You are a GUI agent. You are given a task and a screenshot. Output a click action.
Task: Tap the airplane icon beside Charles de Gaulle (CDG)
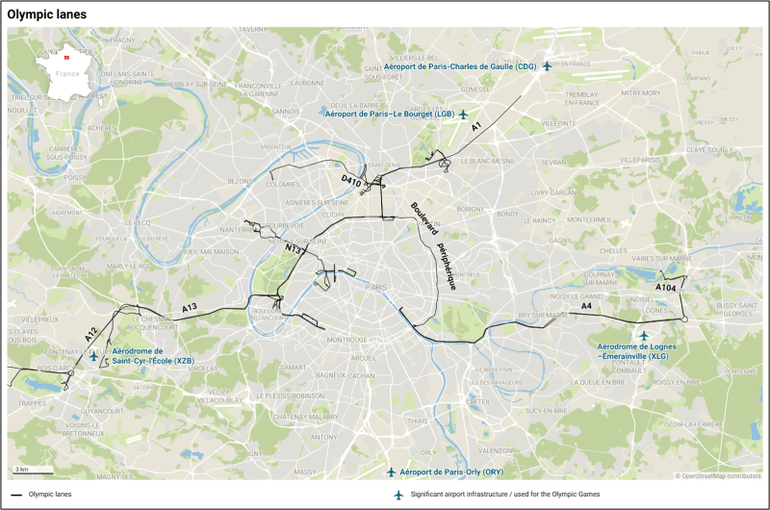pyautogui.click(x=547, y=66)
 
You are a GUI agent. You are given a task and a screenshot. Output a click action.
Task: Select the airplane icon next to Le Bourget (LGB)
pyautogui.click(x=464, y=115)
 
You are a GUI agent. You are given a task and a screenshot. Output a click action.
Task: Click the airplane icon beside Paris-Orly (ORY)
pyautogui.click(x=391, y=472)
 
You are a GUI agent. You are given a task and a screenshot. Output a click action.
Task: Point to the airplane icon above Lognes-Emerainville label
pyautogui.click(x=644, y=336)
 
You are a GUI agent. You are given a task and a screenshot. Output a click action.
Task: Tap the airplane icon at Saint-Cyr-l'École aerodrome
pyautogui.click(x=93, y=357)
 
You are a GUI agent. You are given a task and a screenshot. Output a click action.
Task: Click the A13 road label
pyautogui.click(x=190, y=307)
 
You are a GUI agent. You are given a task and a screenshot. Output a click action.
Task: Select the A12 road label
pyautogui.click(x=90, y=335)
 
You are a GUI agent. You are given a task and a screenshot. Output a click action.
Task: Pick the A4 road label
pyautogui.click(x=586, y=307)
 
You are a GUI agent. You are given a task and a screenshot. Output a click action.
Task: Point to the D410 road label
pyautogui.click(x=351, y=179)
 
